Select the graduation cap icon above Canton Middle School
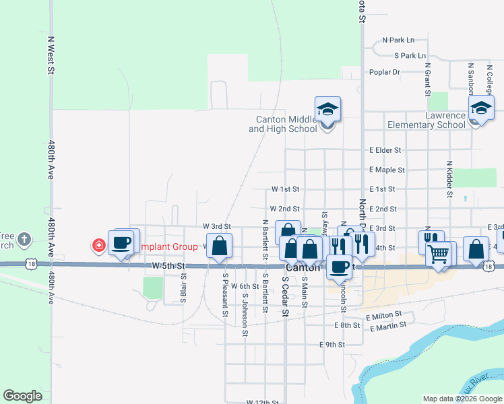tap(327, 109)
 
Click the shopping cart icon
tap(439, 255)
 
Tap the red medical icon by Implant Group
tap(99, 246)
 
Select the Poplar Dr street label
tap(385, 72)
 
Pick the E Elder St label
tap(385, 150)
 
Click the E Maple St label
tap(387, 170)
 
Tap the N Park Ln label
tap(398, 40)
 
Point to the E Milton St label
tap(383, 315)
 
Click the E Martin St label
tap(388, 327)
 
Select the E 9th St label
tap(332, 345)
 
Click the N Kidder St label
tap(449, 179)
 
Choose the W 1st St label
tap(285, 190)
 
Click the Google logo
tap(22, 395)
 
